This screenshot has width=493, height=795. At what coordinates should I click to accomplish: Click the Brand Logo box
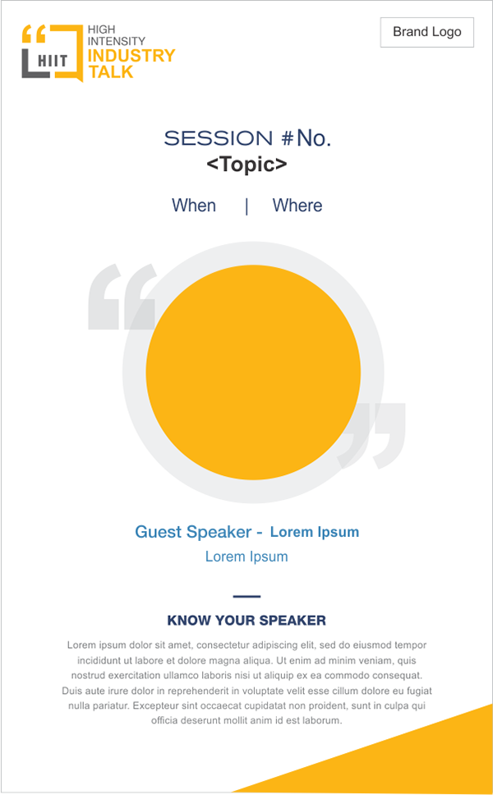point(427,32)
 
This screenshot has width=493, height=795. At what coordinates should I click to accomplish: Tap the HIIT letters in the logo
point(53,62)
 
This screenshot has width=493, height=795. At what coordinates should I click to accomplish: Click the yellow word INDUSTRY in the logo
point(131,55)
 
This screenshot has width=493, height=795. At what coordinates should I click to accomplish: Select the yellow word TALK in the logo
point(110,72)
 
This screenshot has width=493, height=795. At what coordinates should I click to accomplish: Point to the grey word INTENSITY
point(117,40)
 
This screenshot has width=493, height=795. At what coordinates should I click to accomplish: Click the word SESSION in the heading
point(219,138)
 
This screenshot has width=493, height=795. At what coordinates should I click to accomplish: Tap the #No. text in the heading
point(306,138)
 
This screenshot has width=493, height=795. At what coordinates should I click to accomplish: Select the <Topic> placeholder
point(246,164)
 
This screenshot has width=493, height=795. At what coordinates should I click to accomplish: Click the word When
point(194,206)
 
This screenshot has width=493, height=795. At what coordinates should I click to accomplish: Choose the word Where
point(297,206)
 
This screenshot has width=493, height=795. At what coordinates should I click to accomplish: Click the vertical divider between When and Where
point(246,206)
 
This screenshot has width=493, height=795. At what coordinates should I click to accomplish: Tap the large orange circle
point(253,372)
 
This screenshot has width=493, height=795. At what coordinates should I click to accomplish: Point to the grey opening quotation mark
point(122,297)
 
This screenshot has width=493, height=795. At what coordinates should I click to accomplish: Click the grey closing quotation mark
point(372,436)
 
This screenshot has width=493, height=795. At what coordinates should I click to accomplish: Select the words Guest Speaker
point(193,532)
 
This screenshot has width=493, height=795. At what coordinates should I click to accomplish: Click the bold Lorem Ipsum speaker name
point(315,532)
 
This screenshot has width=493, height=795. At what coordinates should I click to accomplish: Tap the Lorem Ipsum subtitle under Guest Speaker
point(246,557)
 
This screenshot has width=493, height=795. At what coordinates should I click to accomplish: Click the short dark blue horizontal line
point(246,596)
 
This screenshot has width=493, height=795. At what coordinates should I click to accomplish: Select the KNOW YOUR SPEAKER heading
point(246,621)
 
